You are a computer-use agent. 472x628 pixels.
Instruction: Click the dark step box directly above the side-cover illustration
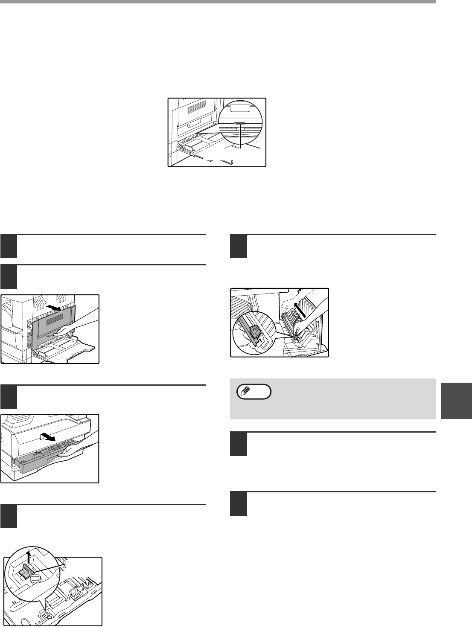(x=9, y=276)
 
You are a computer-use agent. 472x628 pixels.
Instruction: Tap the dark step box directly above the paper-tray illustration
(x=9, y=397)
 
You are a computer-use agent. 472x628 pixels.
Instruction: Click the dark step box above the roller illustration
(x=239, y=247)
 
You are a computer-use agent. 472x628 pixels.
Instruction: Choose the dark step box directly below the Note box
(x=239, y=444)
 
